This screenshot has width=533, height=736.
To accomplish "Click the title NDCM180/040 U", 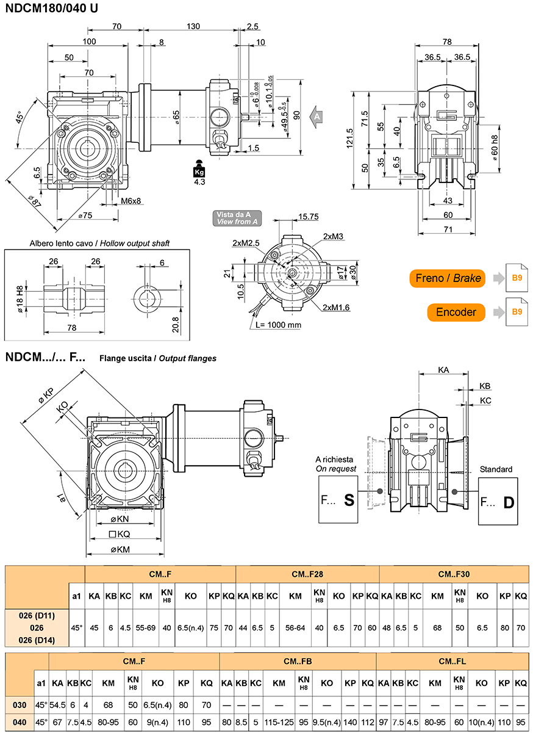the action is (52, 8).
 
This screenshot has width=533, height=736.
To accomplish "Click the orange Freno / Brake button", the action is (447, 278).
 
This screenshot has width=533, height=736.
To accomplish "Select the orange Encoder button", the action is (456, 312).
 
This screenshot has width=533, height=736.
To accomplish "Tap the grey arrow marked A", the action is (316, 117).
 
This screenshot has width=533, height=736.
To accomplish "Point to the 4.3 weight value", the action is (199, 182).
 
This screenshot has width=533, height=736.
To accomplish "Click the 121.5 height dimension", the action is (350, 138).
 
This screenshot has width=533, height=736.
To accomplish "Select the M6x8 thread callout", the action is (131, 201).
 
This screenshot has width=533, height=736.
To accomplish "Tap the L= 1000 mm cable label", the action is (278, 325).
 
